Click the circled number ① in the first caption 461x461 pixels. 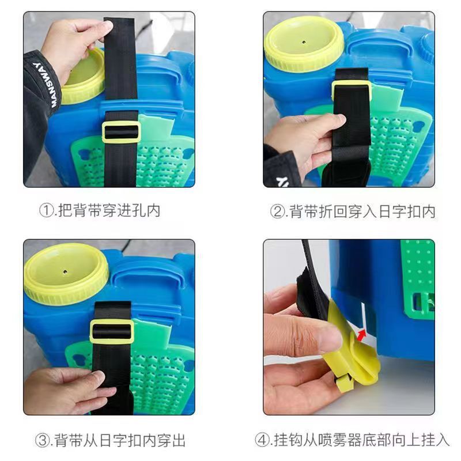pos(46,210)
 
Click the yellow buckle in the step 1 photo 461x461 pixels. pos(120,132)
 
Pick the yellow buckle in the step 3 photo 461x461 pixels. pos(112,332)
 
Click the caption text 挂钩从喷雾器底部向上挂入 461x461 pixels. pos(360,441)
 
